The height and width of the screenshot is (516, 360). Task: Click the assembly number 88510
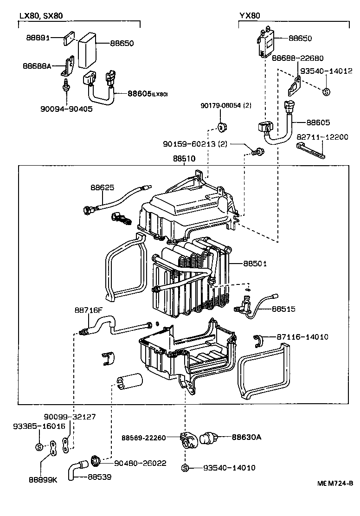pos(184,158)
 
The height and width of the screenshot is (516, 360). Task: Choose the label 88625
pos(102,187)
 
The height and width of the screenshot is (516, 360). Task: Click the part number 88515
pos(283,309)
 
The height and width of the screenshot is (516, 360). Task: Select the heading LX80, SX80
pos(41,16)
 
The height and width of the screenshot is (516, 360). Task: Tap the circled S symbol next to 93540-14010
pos(185,468)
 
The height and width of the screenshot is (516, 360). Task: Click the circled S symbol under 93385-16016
pos(39,447)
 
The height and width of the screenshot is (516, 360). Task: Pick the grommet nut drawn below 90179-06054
pos(221,127)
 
